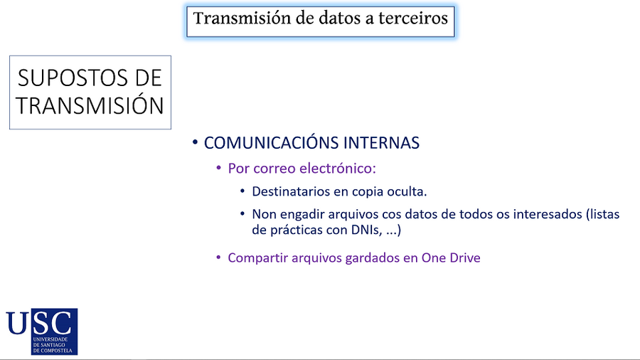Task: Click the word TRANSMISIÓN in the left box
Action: coord(90,106)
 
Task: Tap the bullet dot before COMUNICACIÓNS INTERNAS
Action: coord(194,143)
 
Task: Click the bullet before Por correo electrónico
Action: coord(219,169)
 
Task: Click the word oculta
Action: coord(408,192)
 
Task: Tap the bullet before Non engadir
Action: coord(243,214)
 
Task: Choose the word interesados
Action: coord(544,214)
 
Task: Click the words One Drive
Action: coord(451,258)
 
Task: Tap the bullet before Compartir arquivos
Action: coord(219,258)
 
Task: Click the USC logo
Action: coord(41,331)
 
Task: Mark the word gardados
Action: coord(366,258)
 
